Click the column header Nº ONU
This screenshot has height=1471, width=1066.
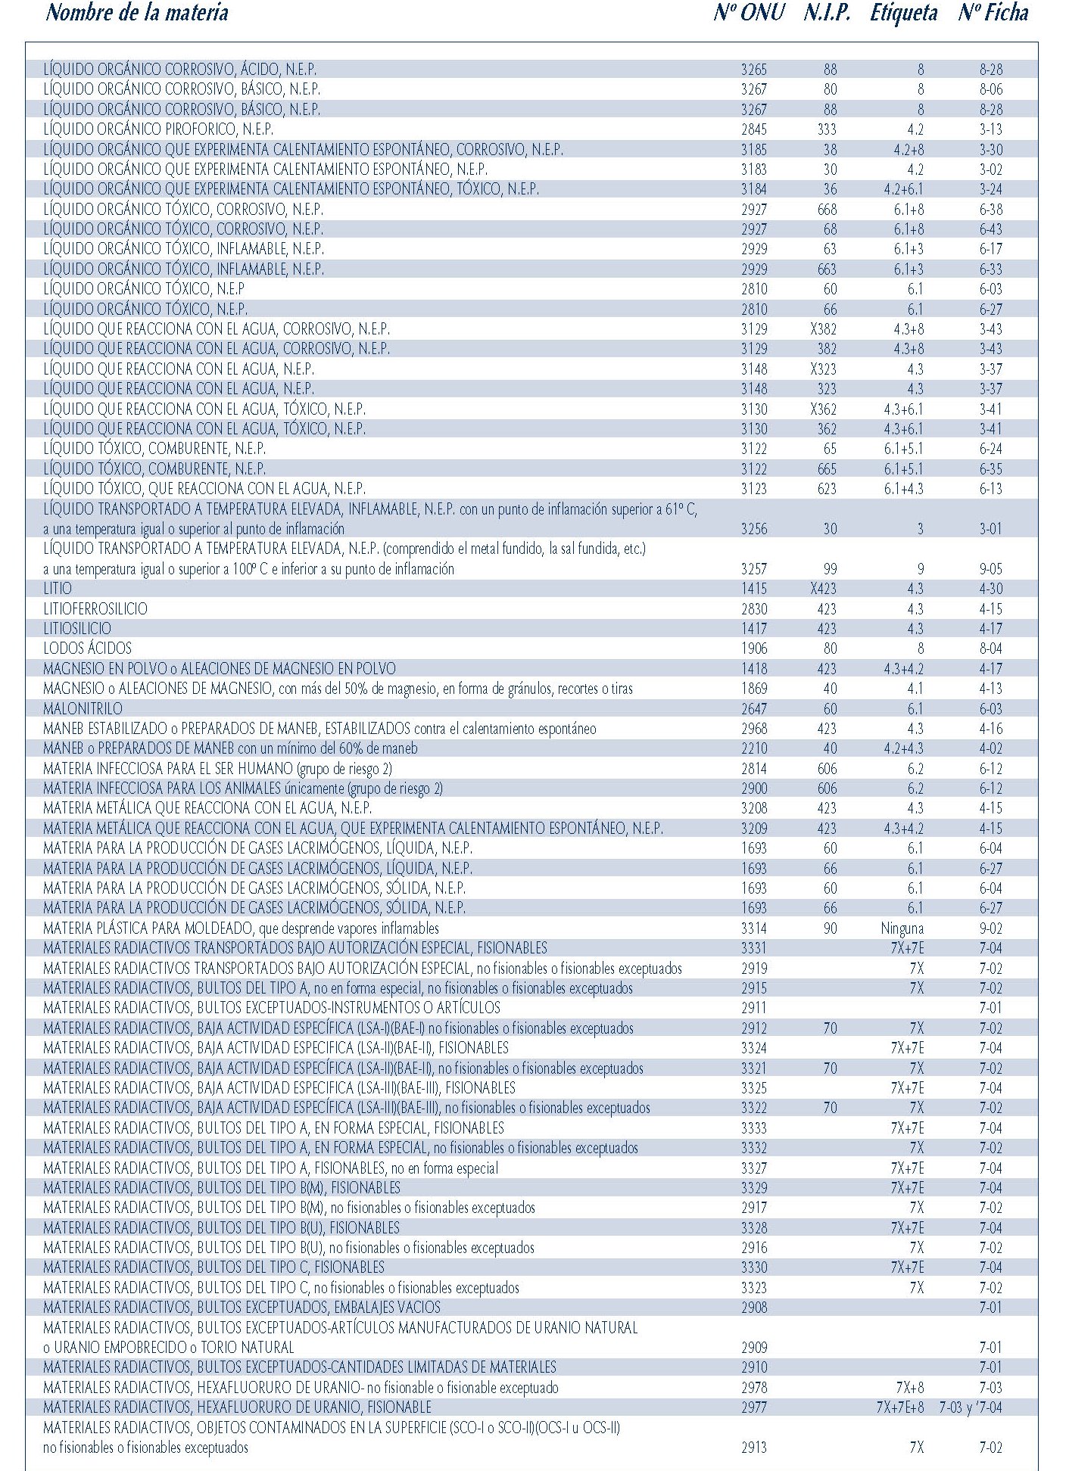pos(748,13)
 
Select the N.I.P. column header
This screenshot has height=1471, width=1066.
pos(827,13)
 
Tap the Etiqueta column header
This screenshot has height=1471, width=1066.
pos(903,13)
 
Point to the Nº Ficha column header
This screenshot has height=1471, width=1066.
pos(993,13)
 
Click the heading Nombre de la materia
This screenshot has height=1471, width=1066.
pos(137,13)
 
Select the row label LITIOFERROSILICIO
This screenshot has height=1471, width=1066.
pos(95,608)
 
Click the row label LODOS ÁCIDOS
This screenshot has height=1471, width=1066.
pos(87,648)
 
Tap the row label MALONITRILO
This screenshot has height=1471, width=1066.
pos(83,708)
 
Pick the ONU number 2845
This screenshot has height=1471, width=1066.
pos(754,129)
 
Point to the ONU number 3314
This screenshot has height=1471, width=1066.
pos(754,928)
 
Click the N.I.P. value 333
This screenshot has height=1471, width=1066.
pos(827,129)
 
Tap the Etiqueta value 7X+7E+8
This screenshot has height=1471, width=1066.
pos(899,1407)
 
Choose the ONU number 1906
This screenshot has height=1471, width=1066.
pos(754,648)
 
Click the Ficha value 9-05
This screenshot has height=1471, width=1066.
pos(990,569)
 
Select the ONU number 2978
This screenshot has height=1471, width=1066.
pos(754,1388)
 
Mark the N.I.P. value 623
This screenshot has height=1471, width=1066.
pos(827,489)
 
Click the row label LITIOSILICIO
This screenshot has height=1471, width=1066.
pos(77,629)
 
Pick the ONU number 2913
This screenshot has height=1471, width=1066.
pos(754,1448)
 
